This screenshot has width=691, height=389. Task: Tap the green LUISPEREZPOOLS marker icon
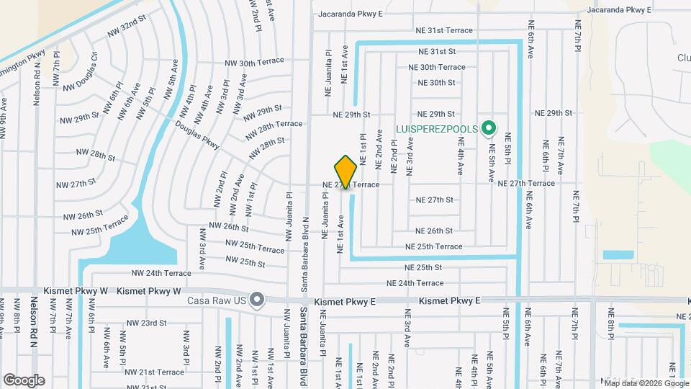pos(489,129)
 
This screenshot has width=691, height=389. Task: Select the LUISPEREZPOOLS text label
pos(437,129)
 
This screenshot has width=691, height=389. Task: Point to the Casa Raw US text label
pos(217,300)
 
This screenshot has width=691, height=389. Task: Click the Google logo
pos(24,380)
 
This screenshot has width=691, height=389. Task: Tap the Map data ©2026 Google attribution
pos(645,382)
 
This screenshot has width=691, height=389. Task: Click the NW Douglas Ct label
pos(80,76)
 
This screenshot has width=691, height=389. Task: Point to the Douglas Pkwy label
pos(197,134)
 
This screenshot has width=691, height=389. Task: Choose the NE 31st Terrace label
pos(444,30)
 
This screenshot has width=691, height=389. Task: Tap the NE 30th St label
pos(432,83)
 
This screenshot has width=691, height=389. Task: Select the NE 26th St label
pos(435,231)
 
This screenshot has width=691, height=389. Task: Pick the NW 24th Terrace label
pos(161,273)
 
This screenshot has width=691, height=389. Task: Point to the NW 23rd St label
pos(146,323)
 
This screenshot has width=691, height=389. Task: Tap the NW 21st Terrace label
pos(154,372)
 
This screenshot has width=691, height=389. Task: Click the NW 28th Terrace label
pos(274,125)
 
